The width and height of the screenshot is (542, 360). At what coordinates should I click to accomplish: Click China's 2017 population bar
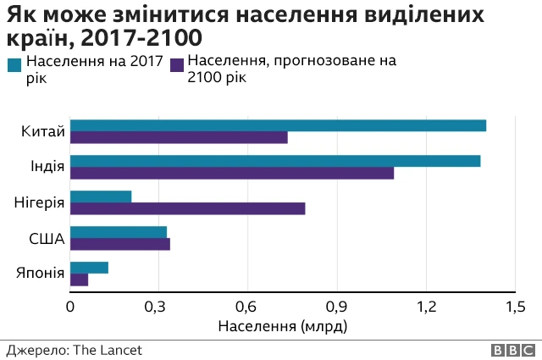coord(278,125)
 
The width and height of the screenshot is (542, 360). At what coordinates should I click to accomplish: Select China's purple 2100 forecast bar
coord(179,138)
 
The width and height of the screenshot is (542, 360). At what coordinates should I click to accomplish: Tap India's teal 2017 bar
coord(275,161)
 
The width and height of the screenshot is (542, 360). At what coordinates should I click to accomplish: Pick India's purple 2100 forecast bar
coord(232,174)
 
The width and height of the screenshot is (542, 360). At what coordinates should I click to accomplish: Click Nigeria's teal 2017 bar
coord(101,197)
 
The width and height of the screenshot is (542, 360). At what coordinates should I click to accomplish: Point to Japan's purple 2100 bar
coord(79,280)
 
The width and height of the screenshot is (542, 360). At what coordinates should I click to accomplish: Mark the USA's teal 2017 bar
coord(119,232)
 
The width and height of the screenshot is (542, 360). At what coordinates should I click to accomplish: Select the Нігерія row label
coord(39,202)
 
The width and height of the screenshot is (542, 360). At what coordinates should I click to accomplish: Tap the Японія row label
coord(39,273)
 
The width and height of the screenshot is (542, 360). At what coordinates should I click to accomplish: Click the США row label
coord(47,238)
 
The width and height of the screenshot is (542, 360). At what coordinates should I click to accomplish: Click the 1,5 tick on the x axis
coord(515,307)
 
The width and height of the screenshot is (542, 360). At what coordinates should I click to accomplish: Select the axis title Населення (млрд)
coord(283,325)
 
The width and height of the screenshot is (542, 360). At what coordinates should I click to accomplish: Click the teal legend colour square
coord(15,63)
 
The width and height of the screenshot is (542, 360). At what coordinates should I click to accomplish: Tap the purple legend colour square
coord(178,63)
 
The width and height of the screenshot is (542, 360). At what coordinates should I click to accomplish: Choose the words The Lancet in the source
coord(108,350)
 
